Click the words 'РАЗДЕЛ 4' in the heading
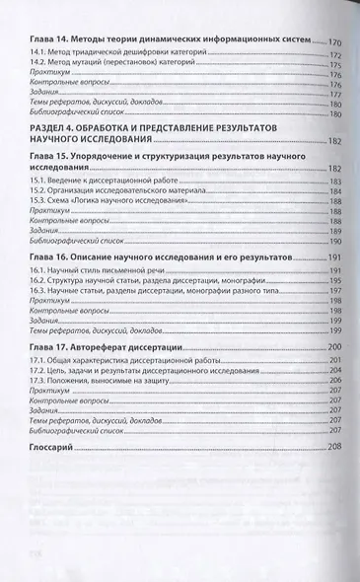point(54,130)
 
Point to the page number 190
point(336,240)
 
